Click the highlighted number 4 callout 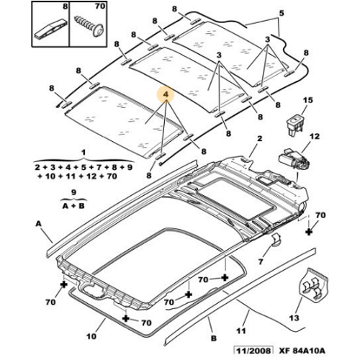tap(166, 94)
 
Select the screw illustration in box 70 tap(89, 26)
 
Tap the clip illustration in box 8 tap(51, 30)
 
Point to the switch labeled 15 tap(295, 124)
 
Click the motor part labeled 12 tap(294, 159)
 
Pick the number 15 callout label tap(308, 100)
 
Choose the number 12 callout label tap(315, 136)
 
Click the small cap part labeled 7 tap(276, 240)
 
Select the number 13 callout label tap(294, 318)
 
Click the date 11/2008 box tap(254, 351)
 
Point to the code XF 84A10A tap(302, 351)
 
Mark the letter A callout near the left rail tap(38, 224)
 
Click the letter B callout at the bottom tap(214, 338)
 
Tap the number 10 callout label tap(91, 336)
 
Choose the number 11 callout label tap(241, 330)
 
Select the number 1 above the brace tap(84, 153)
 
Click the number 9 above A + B tap(73, 192)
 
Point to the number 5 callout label tap(282, 13)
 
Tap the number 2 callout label tap(259, 138)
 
